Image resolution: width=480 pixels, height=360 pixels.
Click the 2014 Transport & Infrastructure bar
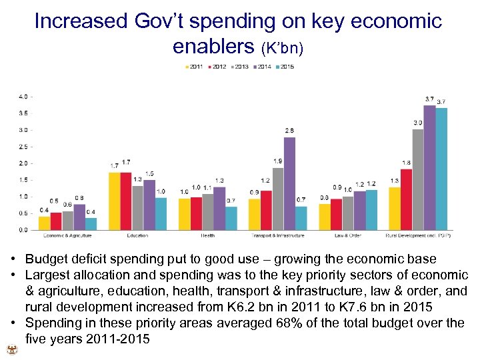(289, 184)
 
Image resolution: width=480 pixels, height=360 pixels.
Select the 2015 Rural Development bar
(441, 169)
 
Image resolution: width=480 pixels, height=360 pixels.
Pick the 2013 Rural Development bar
(417, 180)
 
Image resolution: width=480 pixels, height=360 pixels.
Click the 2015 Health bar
(231, 219)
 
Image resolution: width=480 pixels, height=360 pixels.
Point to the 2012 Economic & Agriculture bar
(56, 221)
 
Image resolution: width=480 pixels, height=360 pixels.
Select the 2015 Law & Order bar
(371, 210)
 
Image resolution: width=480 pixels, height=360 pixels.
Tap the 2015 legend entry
(285, 67)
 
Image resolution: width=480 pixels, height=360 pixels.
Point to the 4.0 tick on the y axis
(23, 96)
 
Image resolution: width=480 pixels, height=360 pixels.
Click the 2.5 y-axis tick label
(23, 146)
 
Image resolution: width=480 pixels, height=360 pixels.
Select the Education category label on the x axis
(137, 235)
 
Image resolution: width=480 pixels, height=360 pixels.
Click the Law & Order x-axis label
(347, 235)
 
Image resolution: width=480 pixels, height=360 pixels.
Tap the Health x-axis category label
(207, 235)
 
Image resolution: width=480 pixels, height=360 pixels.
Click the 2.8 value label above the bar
(289, 130)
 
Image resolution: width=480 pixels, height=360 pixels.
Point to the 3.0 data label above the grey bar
(417, 123)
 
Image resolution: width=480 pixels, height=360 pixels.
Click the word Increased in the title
(81, 21)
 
